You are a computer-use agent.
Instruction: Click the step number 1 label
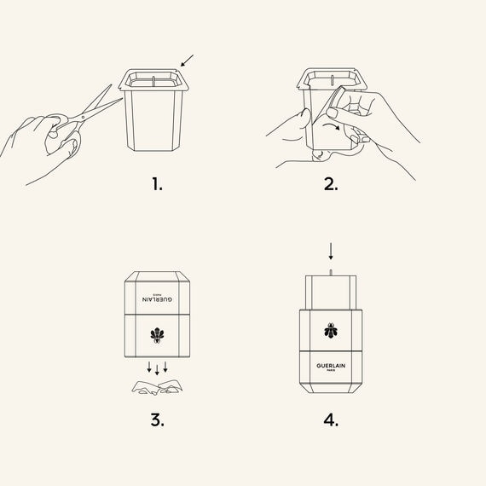[157, 184]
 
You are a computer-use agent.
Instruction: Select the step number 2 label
[331, 184]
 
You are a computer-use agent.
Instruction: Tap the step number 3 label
[158, 420]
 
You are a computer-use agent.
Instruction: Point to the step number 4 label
[331, 420]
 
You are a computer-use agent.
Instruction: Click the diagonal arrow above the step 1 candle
[187, 61]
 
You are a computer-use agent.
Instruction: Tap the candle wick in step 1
[153, 80]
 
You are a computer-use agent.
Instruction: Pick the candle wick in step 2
[332, 79]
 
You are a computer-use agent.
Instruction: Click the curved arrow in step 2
[331, 125]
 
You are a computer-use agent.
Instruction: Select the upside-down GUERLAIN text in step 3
[158, 299]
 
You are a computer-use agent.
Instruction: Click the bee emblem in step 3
[157, 335]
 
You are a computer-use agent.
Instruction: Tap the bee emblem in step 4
[331, 331]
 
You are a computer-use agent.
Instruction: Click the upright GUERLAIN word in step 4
[331, 366]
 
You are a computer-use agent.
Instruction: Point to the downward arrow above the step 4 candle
[331, 251]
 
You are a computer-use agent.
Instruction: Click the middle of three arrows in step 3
[157, 370]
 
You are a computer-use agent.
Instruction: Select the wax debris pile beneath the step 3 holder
[157, 387]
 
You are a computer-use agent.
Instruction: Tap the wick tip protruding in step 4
[331, 273]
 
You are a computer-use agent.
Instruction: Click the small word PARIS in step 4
[331, 370]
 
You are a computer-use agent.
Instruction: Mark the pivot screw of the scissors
[83, 117]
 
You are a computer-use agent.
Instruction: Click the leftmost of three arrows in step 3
[149, 367]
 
